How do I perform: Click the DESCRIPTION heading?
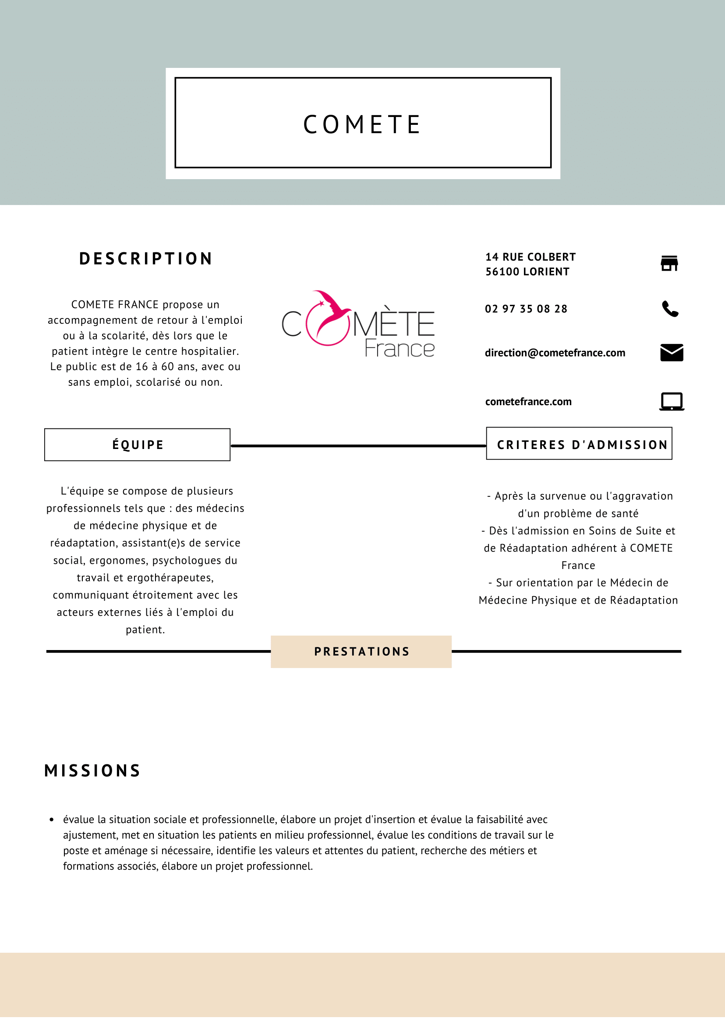(x=145, y=259)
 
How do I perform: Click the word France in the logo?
(x=399, y=349)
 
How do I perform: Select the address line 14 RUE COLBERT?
(x=530, y=257)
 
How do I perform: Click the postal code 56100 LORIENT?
(x=527, y=272)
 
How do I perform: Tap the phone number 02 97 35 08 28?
(x=526, y=309)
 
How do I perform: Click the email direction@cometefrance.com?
(x=555, y=353)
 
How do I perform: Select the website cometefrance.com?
(x=528, y=402)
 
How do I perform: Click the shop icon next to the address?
(x=669, y=263)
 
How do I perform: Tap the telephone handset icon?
(x=670, y=309)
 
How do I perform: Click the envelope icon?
(x=672, y=353)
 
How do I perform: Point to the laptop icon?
(x=672, y=401)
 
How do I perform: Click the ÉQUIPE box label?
(x=138, y=445)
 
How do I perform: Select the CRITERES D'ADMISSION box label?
(x=582, y=445)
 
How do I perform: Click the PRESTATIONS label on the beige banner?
(x=361, y=652)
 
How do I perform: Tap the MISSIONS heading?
(x=92, y=771)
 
